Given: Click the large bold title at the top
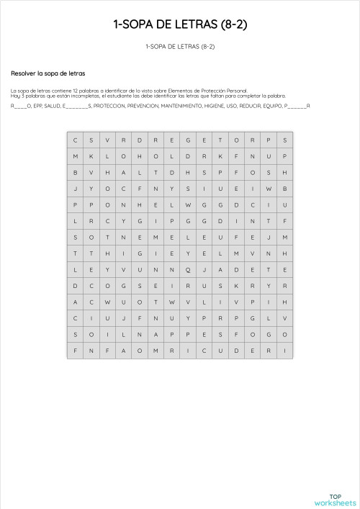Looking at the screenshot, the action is [180, 24].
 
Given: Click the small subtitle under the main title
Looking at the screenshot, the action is [180, 47].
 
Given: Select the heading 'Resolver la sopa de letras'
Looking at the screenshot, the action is [48, 73].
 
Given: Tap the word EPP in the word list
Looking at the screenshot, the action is [39, 106].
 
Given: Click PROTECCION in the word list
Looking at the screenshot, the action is [108, 106].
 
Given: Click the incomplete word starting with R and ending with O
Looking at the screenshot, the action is [21, 106].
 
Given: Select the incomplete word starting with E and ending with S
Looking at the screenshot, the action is [77, 106].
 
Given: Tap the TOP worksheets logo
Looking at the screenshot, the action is [336, 499].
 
